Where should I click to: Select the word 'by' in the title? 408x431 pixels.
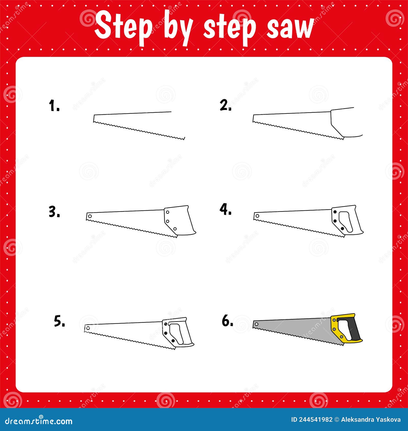point(177,28)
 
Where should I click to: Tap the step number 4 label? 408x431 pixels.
point(226,210)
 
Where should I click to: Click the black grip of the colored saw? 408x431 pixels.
point(355,329)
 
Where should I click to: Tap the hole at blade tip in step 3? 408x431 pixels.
point(90,216)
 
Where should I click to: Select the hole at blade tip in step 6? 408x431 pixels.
point(257,324)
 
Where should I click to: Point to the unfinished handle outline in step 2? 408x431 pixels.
point(342,122)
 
